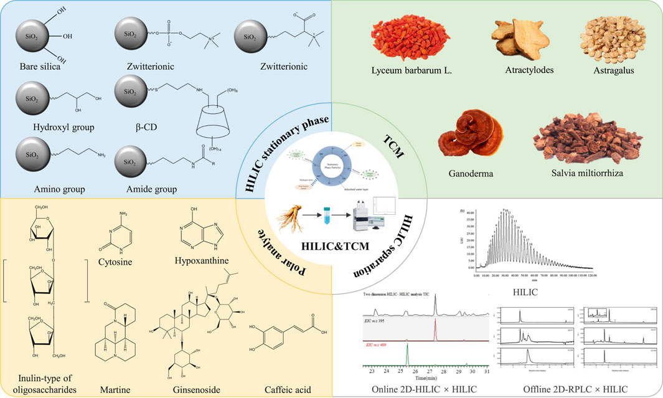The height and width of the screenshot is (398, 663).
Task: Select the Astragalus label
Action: tap(609, 70)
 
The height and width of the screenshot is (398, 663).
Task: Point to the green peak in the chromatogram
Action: tap(407, 355)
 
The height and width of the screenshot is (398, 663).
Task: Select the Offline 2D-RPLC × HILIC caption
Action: tap(570, 389)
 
